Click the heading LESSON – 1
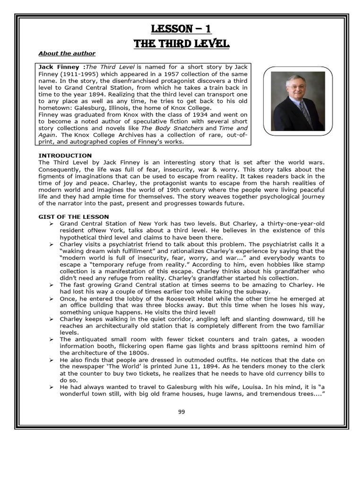pyautogui.click(x=181, y=29)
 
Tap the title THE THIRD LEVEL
pyautogui.click(x=181, y=44)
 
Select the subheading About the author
pyautogui.click(x=67, y=53)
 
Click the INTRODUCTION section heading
pyautogui.click(x=65, y=156)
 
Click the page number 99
pyautogui.click(x=181, y=411)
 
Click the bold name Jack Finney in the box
pyautogui.click(x=59, y=67)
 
